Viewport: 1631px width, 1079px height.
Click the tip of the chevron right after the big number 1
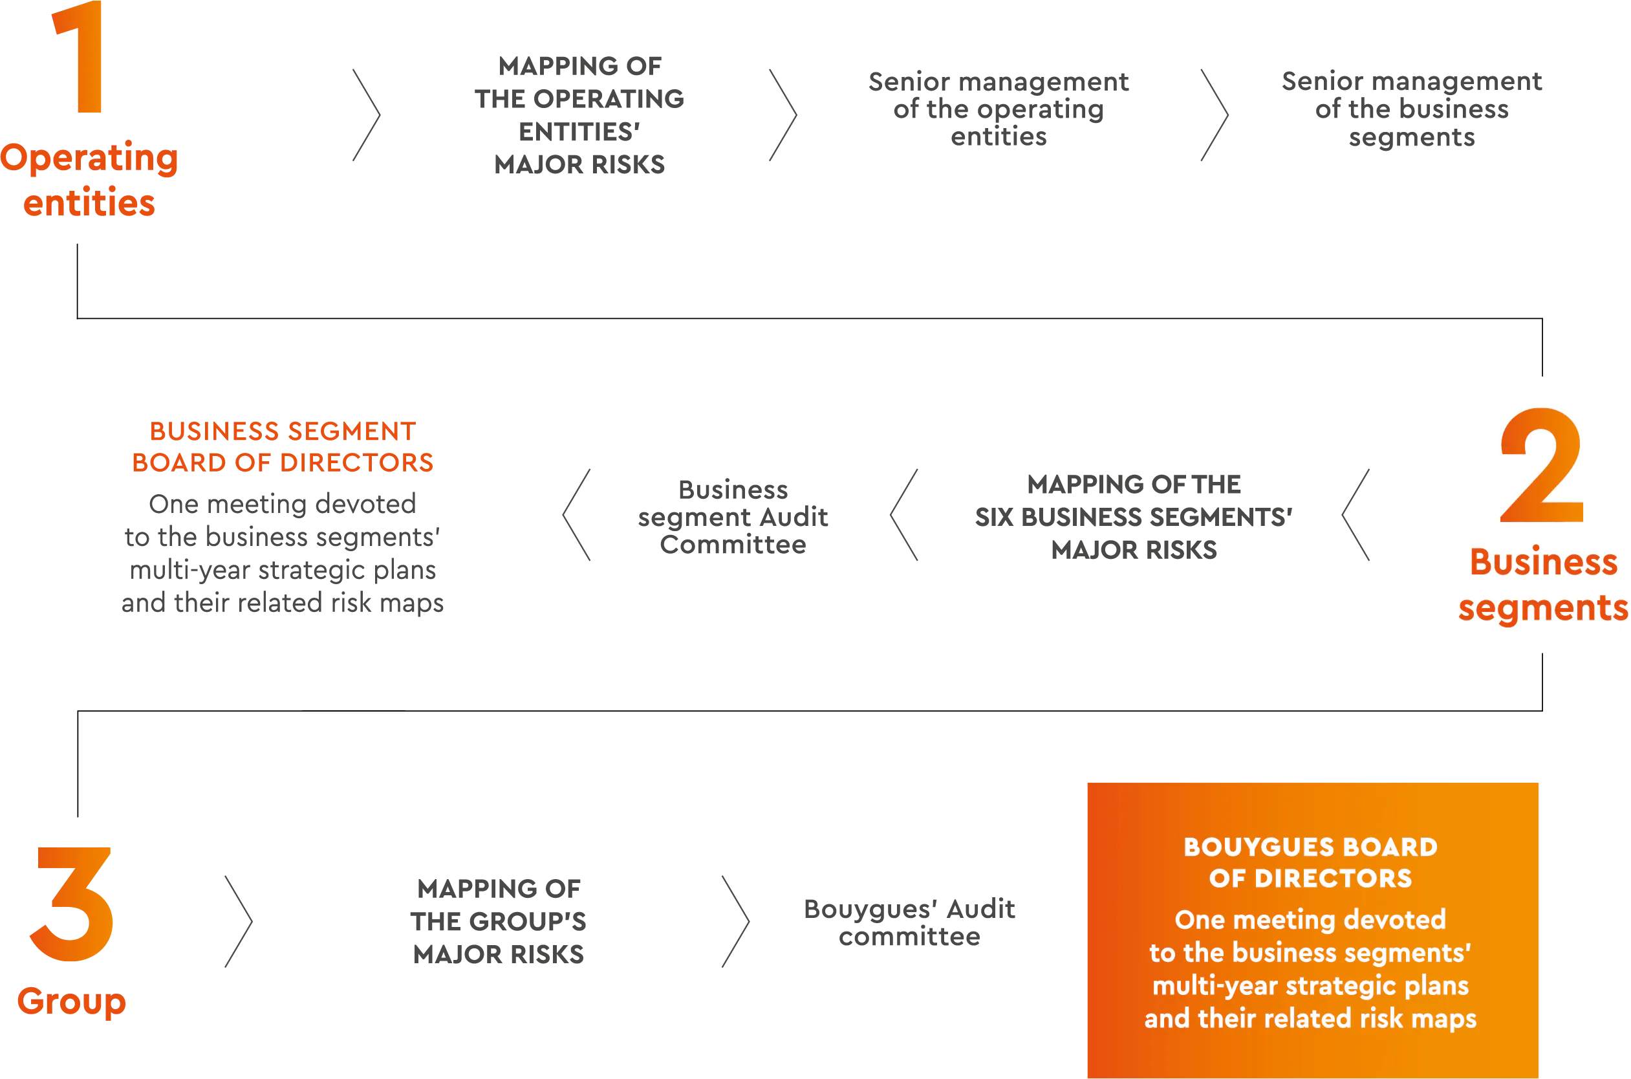click(380, 115)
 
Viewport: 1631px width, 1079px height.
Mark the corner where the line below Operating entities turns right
click(78, 319)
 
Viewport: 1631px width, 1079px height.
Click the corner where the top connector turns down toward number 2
click(1542, 319)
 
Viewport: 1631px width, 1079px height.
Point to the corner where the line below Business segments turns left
click(1542, 711)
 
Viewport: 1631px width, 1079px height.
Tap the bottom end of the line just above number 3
click(78, 817)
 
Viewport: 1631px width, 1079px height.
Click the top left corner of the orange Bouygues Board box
click(1088, 783)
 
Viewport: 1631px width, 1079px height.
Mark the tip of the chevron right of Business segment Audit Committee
click(891, 515)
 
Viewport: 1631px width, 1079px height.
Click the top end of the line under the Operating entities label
click(78, 245)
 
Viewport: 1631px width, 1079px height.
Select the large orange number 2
click(1542, 465)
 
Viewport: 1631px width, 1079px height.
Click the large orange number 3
click(72, 904)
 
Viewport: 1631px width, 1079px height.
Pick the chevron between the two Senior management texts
click(1215, 115)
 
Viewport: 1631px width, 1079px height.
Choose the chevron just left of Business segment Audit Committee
click(576, 515)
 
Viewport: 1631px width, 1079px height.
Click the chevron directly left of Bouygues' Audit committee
click(735, 921)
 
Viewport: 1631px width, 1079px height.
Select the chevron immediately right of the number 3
click(239, 921)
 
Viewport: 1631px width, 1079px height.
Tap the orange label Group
click(72, 1002)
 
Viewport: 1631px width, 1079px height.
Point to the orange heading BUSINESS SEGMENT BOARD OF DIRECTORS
click(283, 447)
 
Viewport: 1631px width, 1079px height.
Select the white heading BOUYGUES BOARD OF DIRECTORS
click(1310, 863)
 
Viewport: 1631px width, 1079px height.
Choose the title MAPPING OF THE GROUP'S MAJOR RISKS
click(499, 921)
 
